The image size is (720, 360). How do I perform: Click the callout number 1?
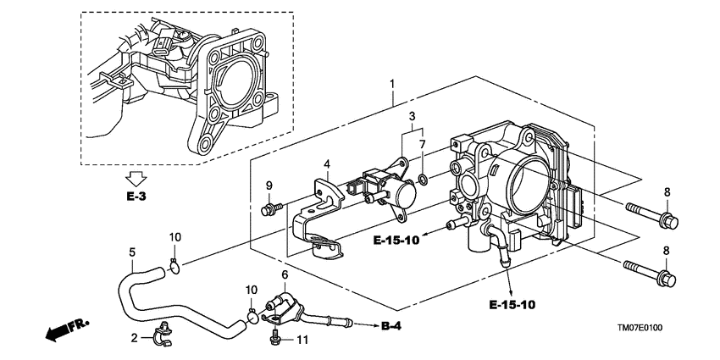coord(391,84)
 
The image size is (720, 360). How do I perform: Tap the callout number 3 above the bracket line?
coord(413,116)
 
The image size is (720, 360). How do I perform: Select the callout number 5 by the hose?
coord(131,252)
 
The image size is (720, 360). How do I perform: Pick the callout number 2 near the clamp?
coord(134,338)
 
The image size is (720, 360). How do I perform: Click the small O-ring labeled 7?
coord(422,179)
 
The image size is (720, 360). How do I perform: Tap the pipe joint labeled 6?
coord(284,306)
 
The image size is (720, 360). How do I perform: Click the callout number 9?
coord(269,186)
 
